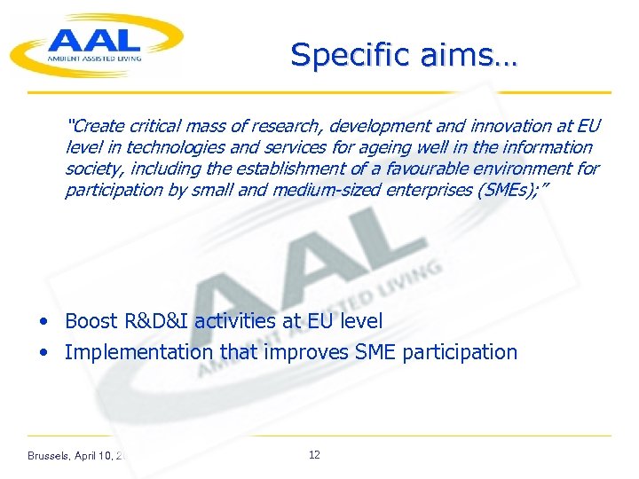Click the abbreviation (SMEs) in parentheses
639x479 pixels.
coord(505,190)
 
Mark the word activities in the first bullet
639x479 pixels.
coord(235,321)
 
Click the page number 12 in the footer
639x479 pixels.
coord(314,455)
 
